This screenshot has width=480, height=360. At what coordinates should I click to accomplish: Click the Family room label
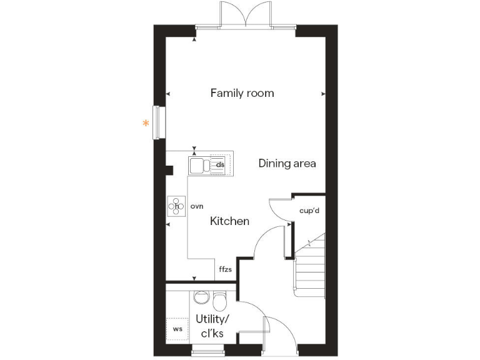(x=242, y=93)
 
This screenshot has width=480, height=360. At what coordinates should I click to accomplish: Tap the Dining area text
(x=287, y=164)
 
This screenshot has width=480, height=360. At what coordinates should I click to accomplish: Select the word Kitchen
(x=229, y=221)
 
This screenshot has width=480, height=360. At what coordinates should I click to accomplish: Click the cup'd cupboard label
(x=309, y=211)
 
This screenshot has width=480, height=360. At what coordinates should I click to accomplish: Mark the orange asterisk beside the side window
(x=146, y=124)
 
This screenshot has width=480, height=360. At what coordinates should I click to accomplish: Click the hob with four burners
(x=177, y=206)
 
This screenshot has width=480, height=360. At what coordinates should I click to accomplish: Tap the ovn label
(x=197, y=206)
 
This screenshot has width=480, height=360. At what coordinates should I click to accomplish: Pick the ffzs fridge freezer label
(x=225, y=270)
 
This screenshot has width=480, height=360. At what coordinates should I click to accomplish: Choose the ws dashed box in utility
(x=177, y=328)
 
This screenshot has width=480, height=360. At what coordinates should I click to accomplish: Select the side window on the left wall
(x=160, y=121)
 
